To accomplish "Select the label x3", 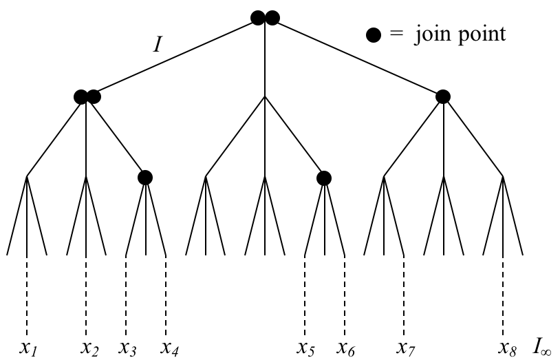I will coord(128,347).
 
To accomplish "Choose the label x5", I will coord(306,347).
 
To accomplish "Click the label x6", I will coord(346,347).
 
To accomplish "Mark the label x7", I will coord(407,347).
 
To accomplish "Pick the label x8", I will coord(506,347).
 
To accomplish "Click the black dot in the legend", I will coord(372,36).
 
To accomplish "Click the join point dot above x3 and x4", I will coord(144,178).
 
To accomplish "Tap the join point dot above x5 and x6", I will coord(324,178).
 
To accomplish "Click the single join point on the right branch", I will coord(443,97).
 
